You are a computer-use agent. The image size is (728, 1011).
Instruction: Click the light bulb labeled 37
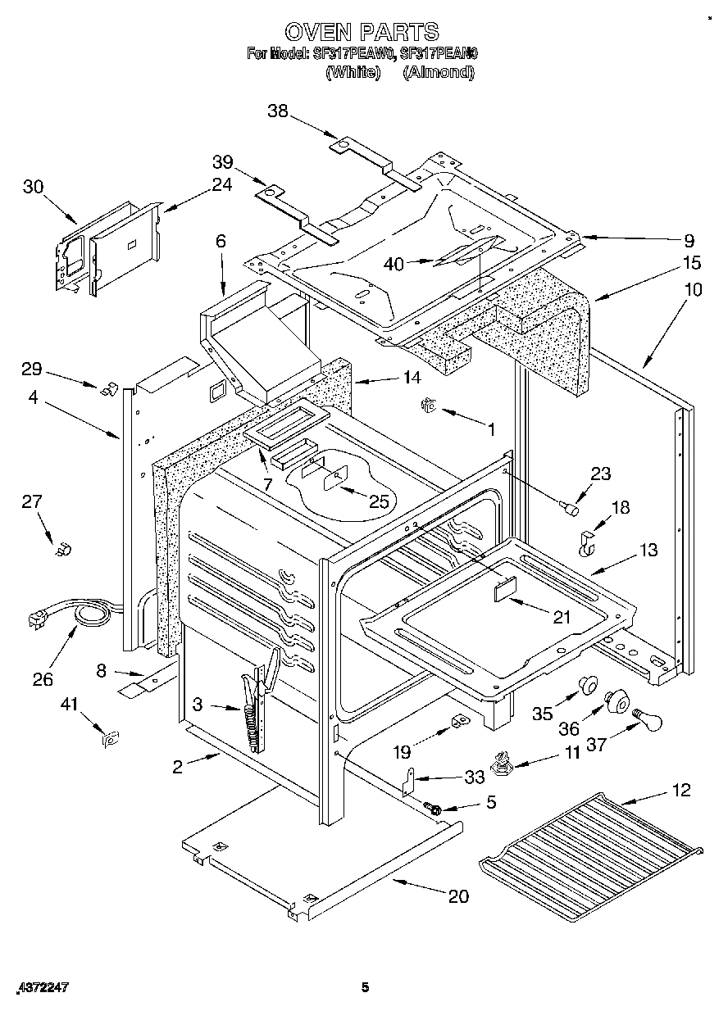tap(648, 721)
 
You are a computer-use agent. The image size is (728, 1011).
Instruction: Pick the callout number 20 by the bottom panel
tap(458, 896)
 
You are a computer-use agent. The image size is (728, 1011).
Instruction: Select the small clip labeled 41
tap(108, 737)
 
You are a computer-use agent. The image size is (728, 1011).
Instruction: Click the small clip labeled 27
tap(61, 548)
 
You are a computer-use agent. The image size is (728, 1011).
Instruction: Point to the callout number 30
tap(33, 186)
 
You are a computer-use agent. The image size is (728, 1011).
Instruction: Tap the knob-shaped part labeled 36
tap(617, 701)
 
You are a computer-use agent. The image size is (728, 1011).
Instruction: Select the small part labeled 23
tap(566, 510)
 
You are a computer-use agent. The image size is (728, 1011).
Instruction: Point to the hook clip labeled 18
tap(588, 543)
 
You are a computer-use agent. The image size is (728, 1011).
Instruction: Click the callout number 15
tap(691, 263)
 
